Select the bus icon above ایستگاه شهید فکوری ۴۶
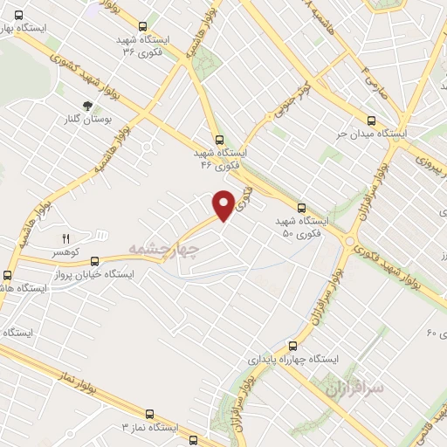click(x=218, y=139)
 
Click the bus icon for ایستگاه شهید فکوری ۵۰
click(x=301, y=208)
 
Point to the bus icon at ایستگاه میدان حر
click(x=372, y=121)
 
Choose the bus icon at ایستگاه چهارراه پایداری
click(x=293, y=346)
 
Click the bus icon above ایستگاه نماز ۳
click(x=149, y=415)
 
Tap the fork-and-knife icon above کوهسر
click(x=65, y=237)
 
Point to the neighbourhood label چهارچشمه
click(x=164, y=249)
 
